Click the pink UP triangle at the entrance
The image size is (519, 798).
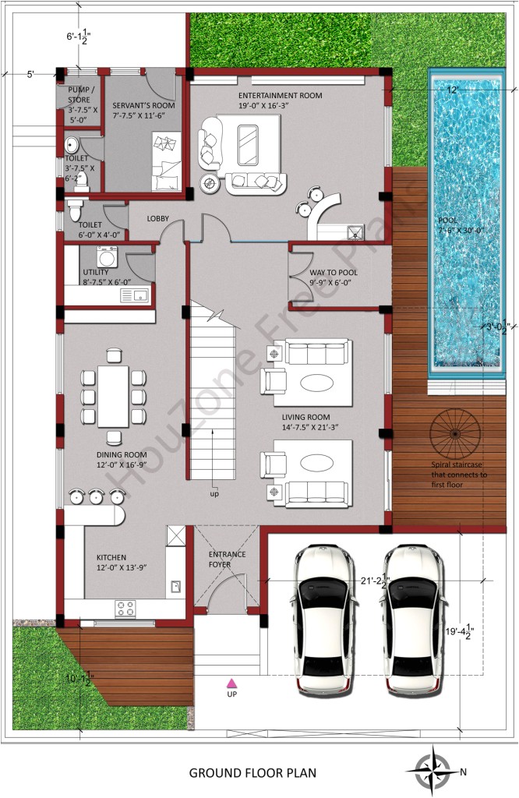pyautogui.click(x=231, y=683)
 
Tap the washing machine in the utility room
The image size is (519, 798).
pyautogui.click(x=107, y=256)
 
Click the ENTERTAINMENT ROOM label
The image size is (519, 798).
pyautogui.click(x=280, y=96)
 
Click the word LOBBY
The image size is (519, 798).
pyautogui.click(x=158, y=218)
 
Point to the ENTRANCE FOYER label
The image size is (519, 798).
pyautogui.click(x=227, y=559)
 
